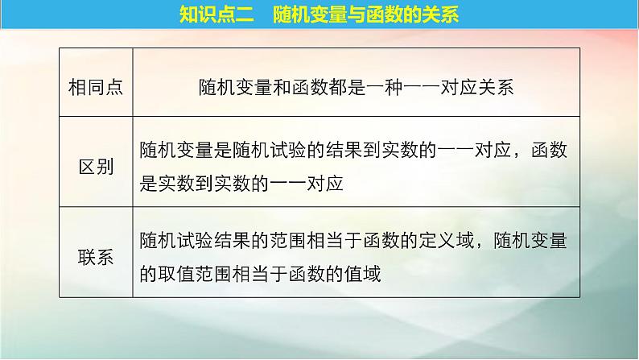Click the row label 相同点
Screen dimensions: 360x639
pyautogui.click(x=96, y=88)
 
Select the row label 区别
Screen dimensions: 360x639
pyautogui.click(x=96, y=166)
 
